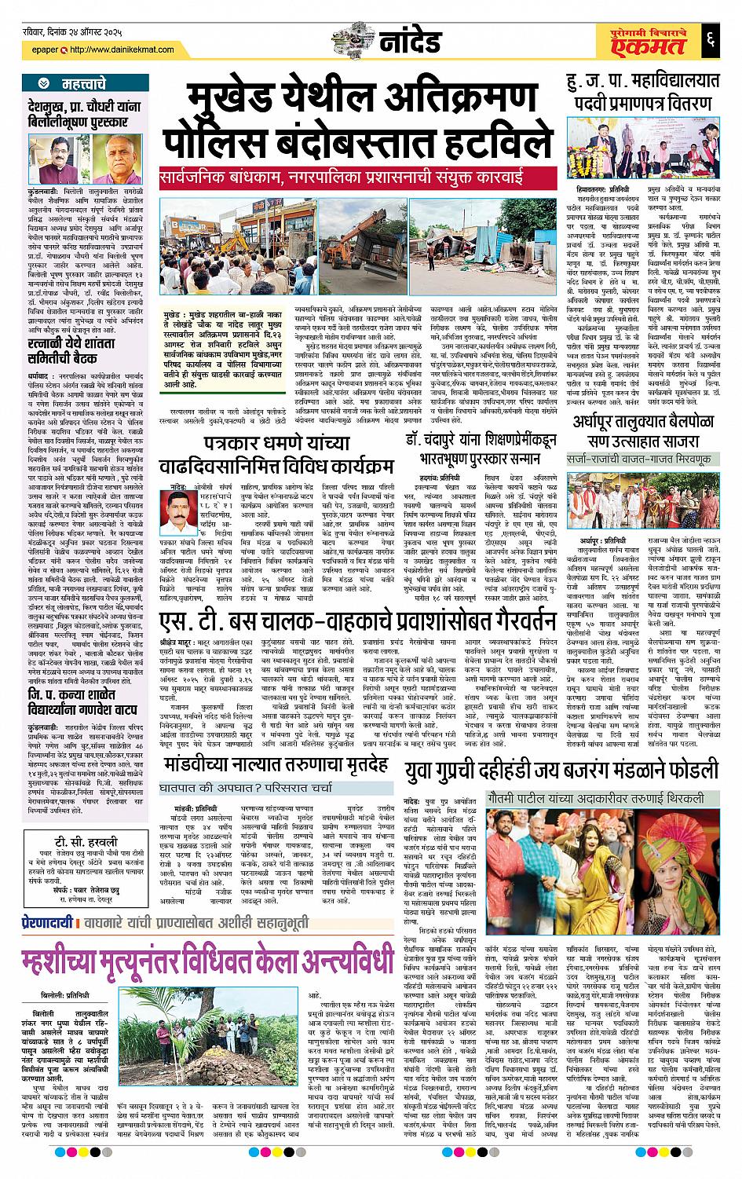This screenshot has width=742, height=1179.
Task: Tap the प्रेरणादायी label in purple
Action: coord(48,923)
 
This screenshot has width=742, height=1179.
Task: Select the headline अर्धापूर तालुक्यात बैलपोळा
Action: coord(641,430)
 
